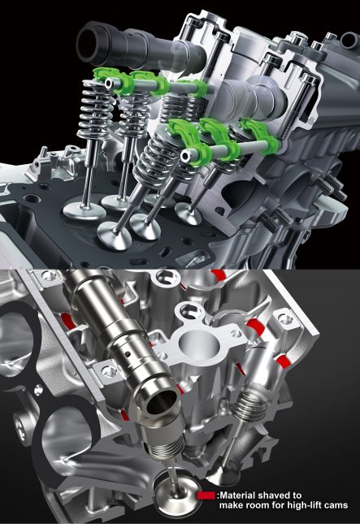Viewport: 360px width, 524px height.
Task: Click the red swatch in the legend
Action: tap(206, 496)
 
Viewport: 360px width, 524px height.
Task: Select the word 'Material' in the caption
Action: tap(237, 496)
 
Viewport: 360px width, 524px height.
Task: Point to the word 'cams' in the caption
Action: tap(337, 506)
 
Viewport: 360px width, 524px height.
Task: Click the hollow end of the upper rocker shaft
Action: tap(110, 84)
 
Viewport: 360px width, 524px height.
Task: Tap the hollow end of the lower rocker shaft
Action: tap(185, 156)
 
